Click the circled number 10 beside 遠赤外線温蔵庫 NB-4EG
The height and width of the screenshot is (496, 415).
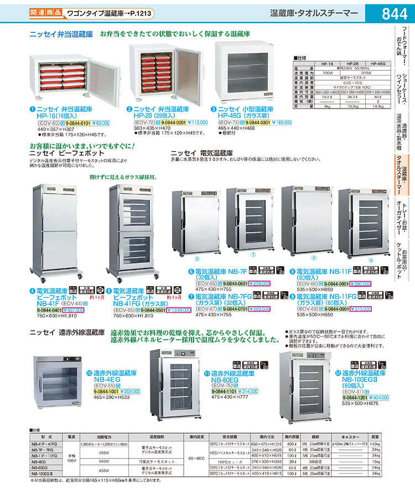point(89,373)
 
